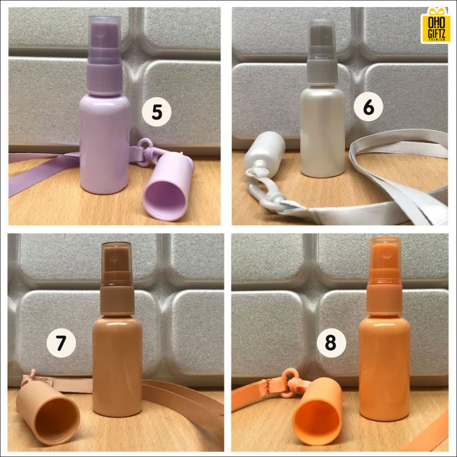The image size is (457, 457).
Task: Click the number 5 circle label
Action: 156,112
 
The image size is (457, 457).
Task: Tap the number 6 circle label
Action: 369,108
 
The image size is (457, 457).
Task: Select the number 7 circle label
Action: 61,343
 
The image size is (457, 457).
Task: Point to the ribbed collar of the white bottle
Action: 322,72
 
